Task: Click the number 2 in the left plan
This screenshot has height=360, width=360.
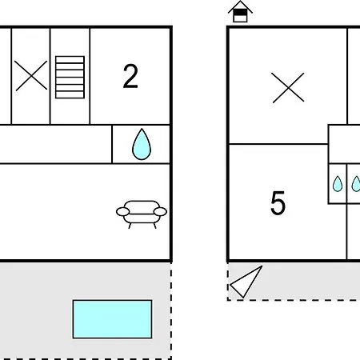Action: point(130,76)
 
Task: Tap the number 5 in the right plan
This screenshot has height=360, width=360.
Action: point(278,202)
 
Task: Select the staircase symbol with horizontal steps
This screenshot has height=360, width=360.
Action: point(70,77)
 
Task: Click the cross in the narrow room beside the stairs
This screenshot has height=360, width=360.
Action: point(31,75)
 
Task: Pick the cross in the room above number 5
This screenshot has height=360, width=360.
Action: point(288,87)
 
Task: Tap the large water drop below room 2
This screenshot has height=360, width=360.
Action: point(142,144)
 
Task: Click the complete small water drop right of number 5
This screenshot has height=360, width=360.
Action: point(338,184)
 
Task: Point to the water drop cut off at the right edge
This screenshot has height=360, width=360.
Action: point(356,184)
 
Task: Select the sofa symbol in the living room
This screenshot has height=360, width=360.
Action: point(142,214)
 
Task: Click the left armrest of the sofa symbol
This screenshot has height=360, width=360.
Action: point(122,212)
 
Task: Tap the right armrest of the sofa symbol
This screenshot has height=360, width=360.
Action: point(160,212)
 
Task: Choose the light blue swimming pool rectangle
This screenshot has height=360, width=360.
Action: point(112,319)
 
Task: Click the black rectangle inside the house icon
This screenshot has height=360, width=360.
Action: point(240,13)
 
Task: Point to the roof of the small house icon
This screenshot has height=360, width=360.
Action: point(240,6)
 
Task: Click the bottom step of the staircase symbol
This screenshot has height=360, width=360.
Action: point(70,94)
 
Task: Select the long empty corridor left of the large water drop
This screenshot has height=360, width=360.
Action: point(55,144)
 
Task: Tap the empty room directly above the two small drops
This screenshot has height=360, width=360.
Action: point(345,144)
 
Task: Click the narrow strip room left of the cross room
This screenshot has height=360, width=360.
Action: point(6,76)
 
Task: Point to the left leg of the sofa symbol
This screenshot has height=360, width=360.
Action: point(130,226)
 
